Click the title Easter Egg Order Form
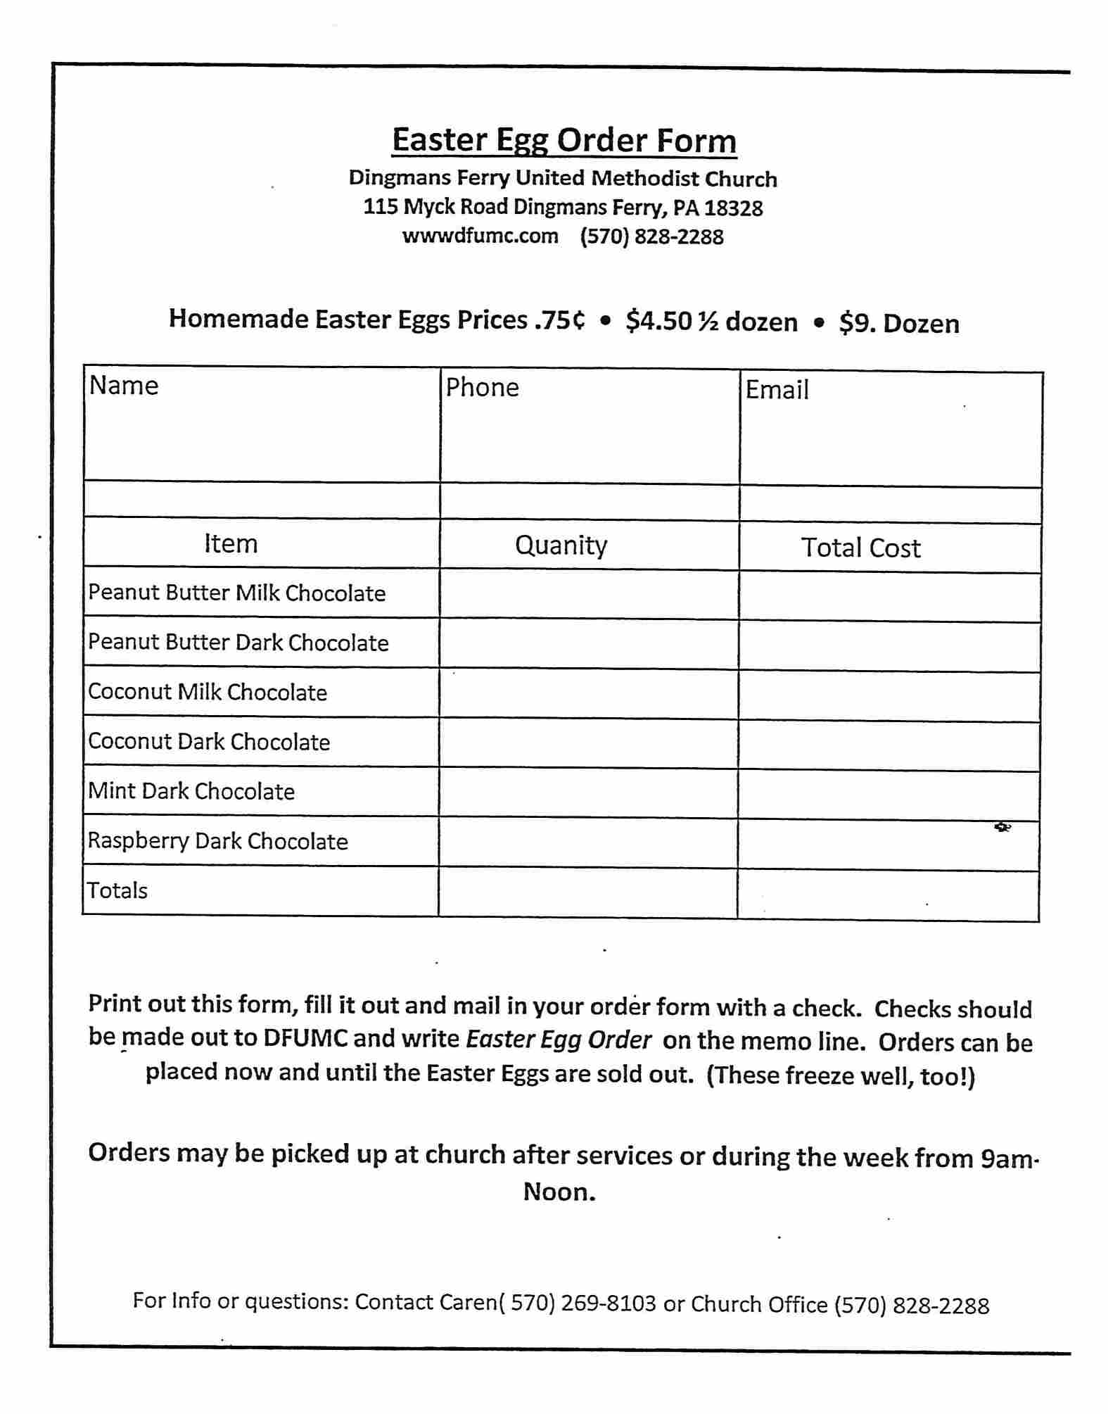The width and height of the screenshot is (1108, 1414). coord(564,140)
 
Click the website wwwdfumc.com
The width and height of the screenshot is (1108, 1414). coord(480,236)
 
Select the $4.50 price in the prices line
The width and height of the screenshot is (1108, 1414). coord(658,322)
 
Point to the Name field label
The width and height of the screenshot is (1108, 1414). coord(124,386)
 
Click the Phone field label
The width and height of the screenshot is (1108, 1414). coord(482,388)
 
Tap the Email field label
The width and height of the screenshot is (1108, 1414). coord(777,390)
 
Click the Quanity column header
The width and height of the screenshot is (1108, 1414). coord(561,545)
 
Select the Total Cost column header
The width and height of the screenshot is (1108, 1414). coord(860,548)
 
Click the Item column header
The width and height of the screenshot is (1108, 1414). coord(231,543)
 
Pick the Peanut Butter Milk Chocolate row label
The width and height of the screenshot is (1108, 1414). coord(236,593)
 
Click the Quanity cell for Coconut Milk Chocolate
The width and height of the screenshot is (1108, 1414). coord(588,694)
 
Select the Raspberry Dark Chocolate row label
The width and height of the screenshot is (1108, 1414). coord(217,841)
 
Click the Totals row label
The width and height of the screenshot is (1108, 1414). coord(117,890)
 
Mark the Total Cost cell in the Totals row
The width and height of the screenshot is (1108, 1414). coord(888,895)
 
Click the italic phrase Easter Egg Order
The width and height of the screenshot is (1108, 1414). coord(559,1040)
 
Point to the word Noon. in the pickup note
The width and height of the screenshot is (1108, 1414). coord(559,1192)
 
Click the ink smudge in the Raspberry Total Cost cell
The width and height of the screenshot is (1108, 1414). coord(1002,827)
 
